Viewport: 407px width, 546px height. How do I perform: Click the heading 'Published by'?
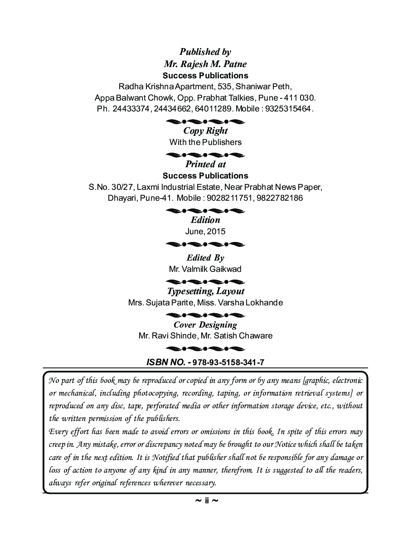click(205, 52)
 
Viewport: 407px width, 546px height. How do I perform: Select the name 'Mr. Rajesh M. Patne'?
click(205, 64)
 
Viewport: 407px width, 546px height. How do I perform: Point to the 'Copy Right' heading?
click(205, 131)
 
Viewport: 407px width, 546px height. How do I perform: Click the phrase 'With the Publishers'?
click(205, 142)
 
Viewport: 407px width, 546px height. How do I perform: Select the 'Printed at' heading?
click(205, 164)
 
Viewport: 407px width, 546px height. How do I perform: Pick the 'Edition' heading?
click(205, 220)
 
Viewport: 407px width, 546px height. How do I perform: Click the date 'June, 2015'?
click(205, 232)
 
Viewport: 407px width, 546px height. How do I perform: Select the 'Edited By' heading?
click(205, 258)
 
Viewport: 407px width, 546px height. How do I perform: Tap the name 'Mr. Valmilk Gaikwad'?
click(205, 269)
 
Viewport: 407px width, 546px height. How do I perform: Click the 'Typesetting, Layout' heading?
click(205, 291)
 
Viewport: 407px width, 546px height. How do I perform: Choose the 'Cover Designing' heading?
click(205, 325)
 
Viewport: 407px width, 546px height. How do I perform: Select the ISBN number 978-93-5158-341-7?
click(228, 362)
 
